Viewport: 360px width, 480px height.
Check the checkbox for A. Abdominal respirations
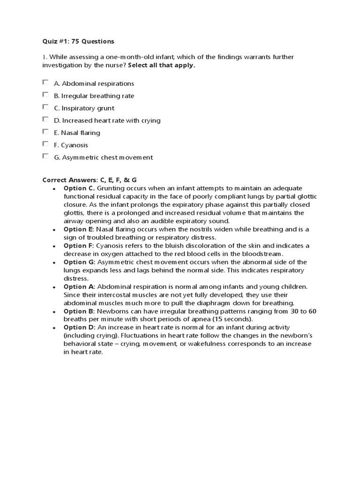click(x=45, y=82)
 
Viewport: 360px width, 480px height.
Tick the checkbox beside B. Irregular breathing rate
click(x=45, y=95)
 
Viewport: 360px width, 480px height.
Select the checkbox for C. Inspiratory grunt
click(x=45, y=107)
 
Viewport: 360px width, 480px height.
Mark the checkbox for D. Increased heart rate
click(x=45, y=120)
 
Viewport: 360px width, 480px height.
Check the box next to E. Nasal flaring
click(x=45, y=132)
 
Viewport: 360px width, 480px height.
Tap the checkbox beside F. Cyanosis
click(x=45, y=144)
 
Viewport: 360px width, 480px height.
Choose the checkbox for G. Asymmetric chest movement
click(x=45, y=156)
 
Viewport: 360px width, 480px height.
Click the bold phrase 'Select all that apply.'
click(x=161, y=66)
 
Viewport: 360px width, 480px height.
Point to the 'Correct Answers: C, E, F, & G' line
click(x=89, y=180)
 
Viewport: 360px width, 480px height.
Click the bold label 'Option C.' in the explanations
click(x=79, y=188)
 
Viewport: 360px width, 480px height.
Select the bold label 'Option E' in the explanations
click(x=78, y=229)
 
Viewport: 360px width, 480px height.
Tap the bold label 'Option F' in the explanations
click(x=78, y=246)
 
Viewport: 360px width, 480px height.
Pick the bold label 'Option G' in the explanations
click(x=79, y=262)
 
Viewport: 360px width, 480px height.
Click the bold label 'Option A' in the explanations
click(x=79, y=286)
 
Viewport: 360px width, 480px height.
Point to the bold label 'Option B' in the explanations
click(x=78, y=311)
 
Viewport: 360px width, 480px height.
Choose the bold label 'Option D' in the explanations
click(x=79, y=327)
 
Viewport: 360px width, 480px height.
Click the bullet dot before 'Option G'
click(x=54, y=262)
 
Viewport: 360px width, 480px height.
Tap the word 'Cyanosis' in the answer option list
click(x=75, y=145)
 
